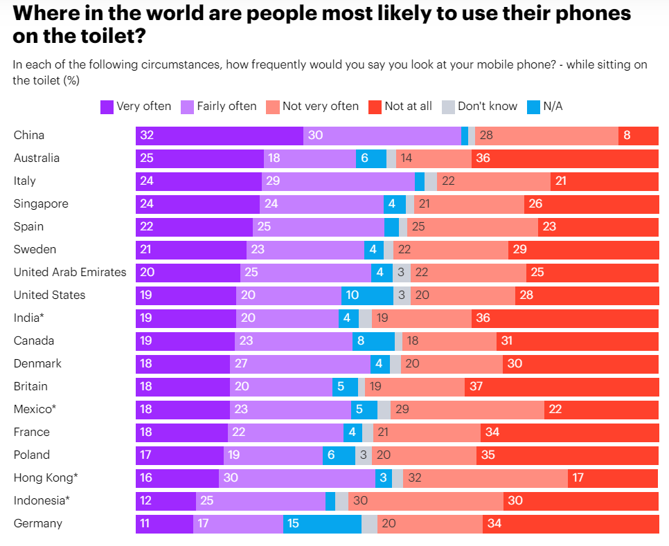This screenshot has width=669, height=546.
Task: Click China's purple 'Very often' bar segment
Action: [219, 136]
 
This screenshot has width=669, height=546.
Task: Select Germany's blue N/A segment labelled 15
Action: [322, 524]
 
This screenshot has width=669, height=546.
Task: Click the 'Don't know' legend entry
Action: [479, 106]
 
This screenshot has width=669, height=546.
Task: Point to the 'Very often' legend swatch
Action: [107, 106]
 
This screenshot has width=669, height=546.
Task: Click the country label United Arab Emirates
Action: [70, 272]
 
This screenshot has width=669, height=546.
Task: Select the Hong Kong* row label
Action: [46, 477]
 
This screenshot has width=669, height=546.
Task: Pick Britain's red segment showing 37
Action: [561, 387]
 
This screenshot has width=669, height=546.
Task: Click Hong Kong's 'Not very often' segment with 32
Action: [485, 478]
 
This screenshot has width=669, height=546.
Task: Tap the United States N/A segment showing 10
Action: [367, 295]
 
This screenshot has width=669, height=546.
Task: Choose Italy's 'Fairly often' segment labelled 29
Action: [338, 181]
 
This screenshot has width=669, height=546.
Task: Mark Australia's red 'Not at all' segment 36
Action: [564, 158]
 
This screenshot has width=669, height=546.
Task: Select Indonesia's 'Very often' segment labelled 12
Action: [166, 501]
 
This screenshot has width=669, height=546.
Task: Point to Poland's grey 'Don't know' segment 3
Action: [364, 455]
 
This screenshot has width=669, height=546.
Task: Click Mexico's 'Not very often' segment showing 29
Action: [467, 410]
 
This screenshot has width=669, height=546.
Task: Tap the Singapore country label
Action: [41, 204]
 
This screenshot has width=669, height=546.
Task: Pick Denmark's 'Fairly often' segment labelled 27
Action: [300, 364]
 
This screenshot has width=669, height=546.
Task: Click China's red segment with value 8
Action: [638, 136]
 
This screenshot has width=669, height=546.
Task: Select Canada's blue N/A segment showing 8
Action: [373, 341]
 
